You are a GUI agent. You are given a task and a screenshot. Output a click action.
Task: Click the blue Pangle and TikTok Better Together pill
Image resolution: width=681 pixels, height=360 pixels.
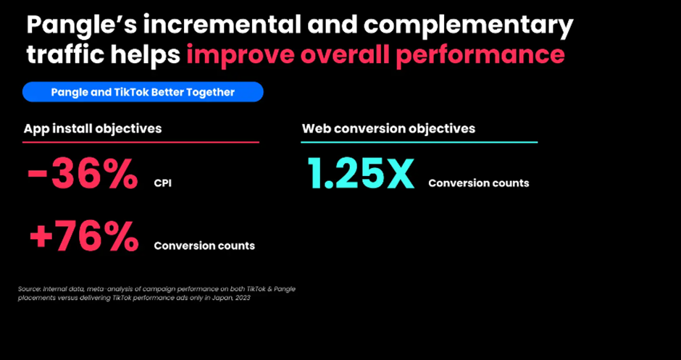[143, 92]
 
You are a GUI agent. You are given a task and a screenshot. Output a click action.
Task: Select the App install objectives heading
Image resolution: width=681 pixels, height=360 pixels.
[93, 128]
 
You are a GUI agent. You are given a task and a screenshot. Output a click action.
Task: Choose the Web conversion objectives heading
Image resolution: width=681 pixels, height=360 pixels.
[388, 128]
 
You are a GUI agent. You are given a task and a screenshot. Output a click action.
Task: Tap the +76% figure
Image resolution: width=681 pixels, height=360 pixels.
[84, 237]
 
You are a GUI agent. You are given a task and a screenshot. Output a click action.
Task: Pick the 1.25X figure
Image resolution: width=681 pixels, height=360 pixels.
[361, 174]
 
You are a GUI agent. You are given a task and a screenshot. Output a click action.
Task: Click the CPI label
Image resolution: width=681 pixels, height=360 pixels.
[163, 183]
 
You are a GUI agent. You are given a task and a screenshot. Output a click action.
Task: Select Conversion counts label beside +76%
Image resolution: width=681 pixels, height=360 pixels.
[204, 246]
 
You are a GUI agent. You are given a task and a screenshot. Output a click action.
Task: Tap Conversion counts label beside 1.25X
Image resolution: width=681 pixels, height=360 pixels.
[479, 183]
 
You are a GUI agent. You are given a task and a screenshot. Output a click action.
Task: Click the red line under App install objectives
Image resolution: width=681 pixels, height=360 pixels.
[141, 142]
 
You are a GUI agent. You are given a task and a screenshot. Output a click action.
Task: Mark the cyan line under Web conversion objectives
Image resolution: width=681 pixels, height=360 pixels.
[419, 142]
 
